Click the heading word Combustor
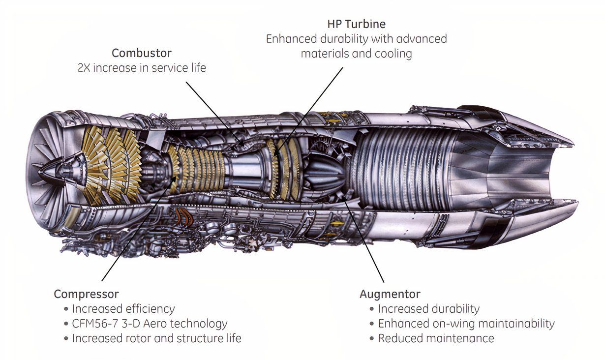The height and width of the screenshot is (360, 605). click(x=142, y=53)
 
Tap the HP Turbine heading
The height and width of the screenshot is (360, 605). click(x=356, y=24)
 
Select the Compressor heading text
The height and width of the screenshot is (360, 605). click(x=86, y=294)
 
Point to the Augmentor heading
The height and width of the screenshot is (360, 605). click(x=390, y=294)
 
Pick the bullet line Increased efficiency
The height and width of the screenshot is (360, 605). click(x=123, y=309)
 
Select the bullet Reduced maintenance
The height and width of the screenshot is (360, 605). click(x=436, y=338)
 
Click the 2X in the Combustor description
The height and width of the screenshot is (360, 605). click(x=84, y=67)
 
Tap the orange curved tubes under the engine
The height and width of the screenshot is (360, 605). click(x=184, y=216)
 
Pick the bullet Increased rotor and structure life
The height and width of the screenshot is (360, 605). click(x=156, y=338)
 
